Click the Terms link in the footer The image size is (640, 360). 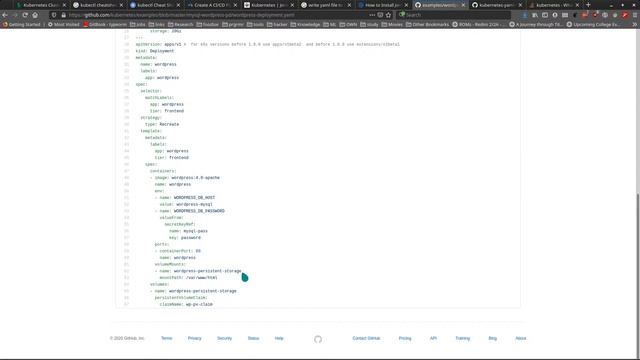[x=166, y=338]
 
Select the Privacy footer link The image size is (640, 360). [x=194, y=338]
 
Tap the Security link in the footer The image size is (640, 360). [x=224, y=338]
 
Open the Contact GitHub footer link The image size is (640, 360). [x=367, y=338]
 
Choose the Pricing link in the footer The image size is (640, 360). [x=405, y=338]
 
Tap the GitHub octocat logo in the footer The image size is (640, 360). [x=318, y=338]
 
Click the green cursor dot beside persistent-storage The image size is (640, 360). [x=244, y=276]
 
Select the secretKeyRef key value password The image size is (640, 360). [x=191, y=237]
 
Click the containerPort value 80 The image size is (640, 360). [x=198, y=250]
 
